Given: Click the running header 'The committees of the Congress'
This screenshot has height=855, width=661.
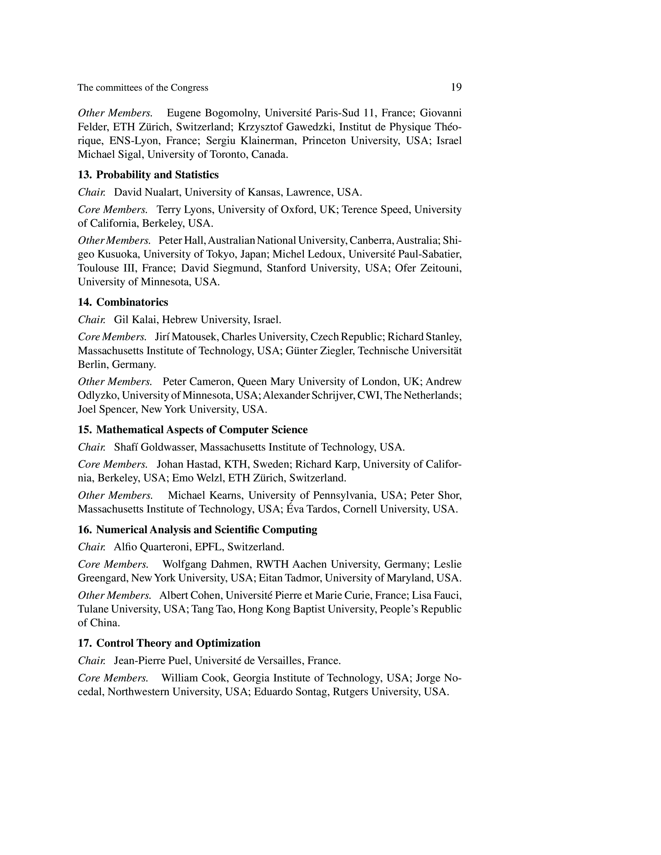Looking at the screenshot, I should [x=143, y=88].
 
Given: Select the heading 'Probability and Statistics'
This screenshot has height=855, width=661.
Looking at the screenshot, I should [x=157, y=175].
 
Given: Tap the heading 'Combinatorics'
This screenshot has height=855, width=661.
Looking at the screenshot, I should [x=132, y=302].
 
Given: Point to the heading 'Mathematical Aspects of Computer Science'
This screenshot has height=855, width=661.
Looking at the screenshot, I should [x=202, y=430].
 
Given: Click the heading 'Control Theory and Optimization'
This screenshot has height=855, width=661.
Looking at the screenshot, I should [x=178, y=643].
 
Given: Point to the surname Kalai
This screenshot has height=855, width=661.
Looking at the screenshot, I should [x=144, y=320].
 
